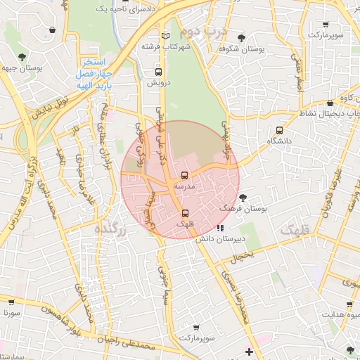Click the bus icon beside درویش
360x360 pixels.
(x=157, y=72)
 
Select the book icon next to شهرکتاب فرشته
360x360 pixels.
(x=165, y=36)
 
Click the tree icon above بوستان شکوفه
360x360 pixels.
(x=242, y=38)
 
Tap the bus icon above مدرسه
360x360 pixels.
(x=184, y=175)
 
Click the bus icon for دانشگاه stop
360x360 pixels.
(x=280, y=130)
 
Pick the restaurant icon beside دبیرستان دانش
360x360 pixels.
(x=221, y=228)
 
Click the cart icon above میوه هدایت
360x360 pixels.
(x=349, y=304)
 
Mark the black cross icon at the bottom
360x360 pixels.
(x=249, y=351)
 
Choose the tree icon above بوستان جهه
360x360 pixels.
(x=22, y=56)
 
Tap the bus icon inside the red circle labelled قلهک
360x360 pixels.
(x=185, y=213)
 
